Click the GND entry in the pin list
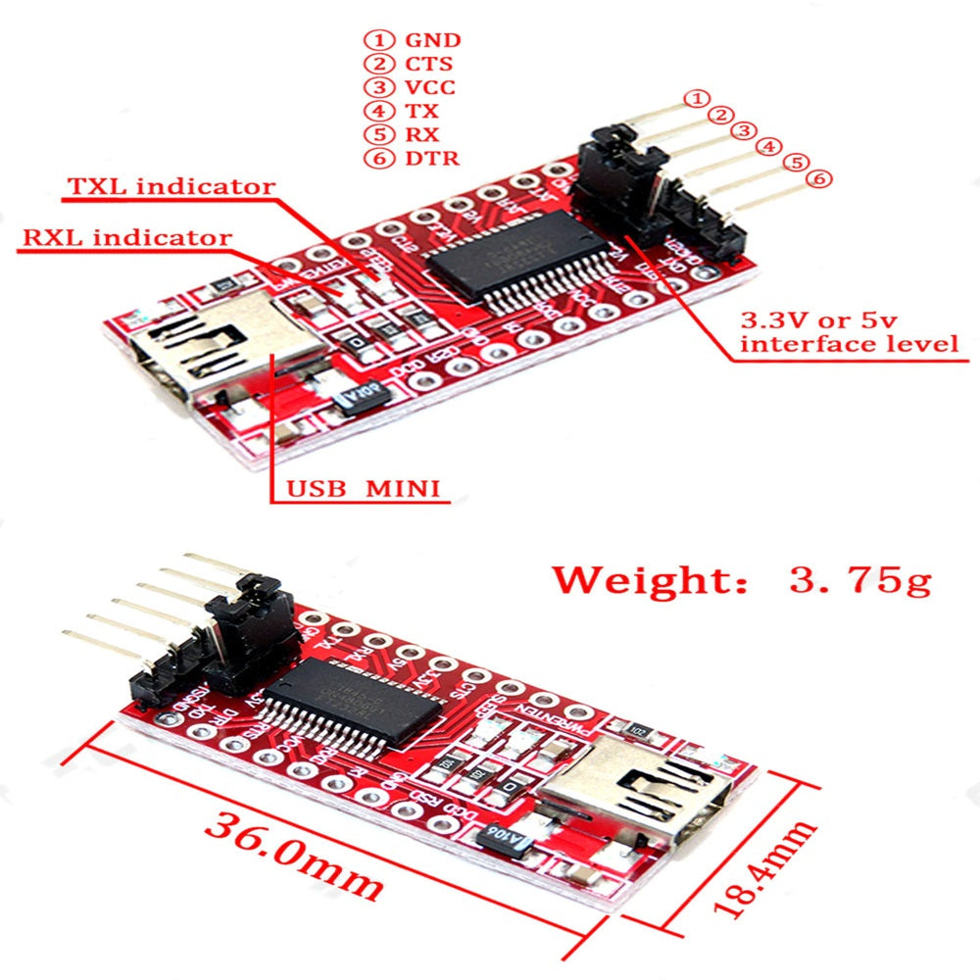coord(431,40)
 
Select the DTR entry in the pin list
coord(431,158)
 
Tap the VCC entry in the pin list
coord(431,87)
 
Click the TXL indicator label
coord(171,185)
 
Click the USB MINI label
coord(363,487)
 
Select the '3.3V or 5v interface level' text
coord(848,332)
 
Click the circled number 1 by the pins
coord(696,97)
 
